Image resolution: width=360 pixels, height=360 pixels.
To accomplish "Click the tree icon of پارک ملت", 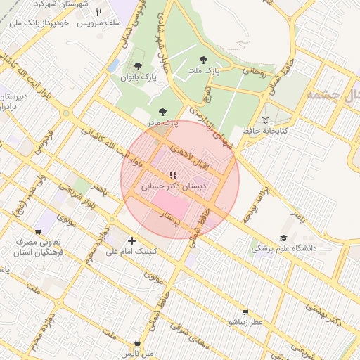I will point(204,60).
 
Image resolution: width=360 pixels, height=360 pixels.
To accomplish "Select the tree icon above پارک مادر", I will point(164,111).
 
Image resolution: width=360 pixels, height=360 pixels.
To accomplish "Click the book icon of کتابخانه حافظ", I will point(265,120).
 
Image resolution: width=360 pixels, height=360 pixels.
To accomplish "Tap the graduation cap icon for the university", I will point(283,238).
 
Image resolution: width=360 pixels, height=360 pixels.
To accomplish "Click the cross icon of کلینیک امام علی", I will point(131,240).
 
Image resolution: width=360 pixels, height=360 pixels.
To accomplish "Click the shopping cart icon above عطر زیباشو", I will point(244,311).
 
